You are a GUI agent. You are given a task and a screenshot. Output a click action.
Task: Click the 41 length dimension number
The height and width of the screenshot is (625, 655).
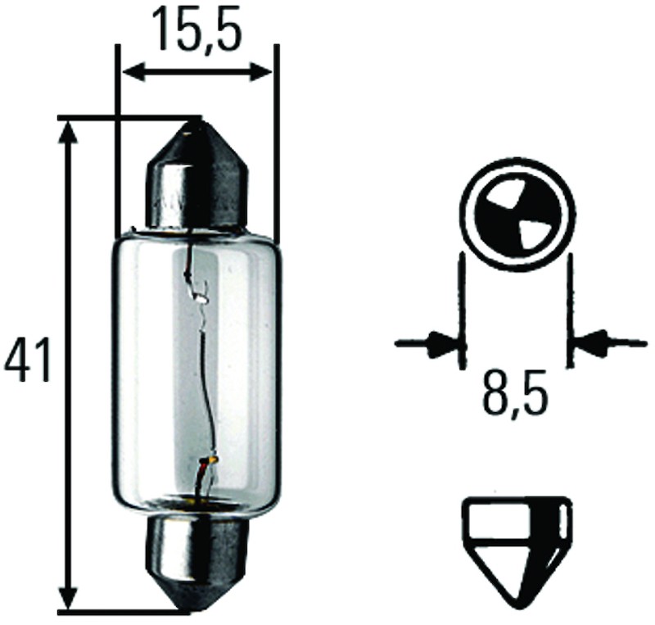point(28,360)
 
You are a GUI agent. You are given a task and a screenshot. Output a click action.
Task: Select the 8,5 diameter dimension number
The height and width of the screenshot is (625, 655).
point(516,393)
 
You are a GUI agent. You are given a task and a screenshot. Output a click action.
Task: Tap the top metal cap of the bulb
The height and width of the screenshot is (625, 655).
point(196,174)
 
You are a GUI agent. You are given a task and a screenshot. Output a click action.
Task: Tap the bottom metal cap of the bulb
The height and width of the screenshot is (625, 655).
point(196,564)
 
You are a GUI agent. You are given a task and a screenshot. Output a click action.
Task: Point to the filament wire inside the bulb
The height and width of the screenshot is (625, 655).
point(202,368)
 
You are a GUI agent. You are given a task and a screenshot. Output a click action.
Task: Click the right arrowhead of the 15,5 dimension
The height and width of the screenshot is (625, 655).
point(260,72)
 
